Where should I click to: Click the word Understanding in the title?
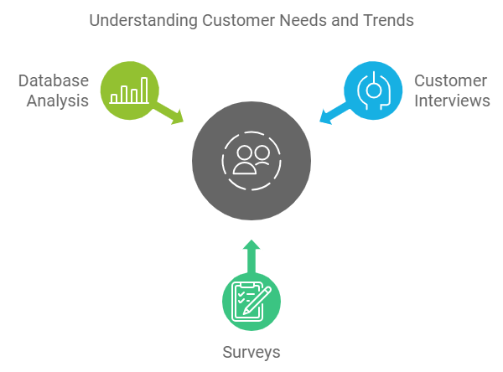tap(143, 21)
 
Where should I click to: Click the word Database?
tap(54, 80)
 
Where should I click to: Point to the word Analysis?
tap(58, 101)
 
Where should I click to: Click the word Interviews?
tap(452, 101)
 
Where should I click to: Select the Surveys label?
tap(251, 353)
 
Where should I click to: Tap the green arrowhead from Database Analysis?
tap(178, 117)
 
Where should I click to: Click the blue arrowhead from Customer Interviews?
tap(325, 116)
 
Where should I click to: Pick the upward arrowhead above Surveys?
tap(251, 245)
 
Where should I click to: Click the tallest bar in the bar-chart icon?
tap(144, 90)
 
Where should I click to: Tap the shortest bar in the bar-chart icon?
tap(113, 98)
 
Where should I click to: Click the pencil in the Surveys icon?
tap(257, 301)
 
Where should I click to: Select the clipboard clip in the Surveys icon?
tap(247, 285)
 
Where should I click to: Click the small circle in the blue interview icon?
tap(373, 90)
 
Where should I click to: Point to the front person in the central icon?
tap(245, 160)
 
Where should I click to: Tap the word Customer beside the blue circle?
tap(450, 80)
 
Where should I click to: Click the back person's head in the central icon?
tap(262, 153)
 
